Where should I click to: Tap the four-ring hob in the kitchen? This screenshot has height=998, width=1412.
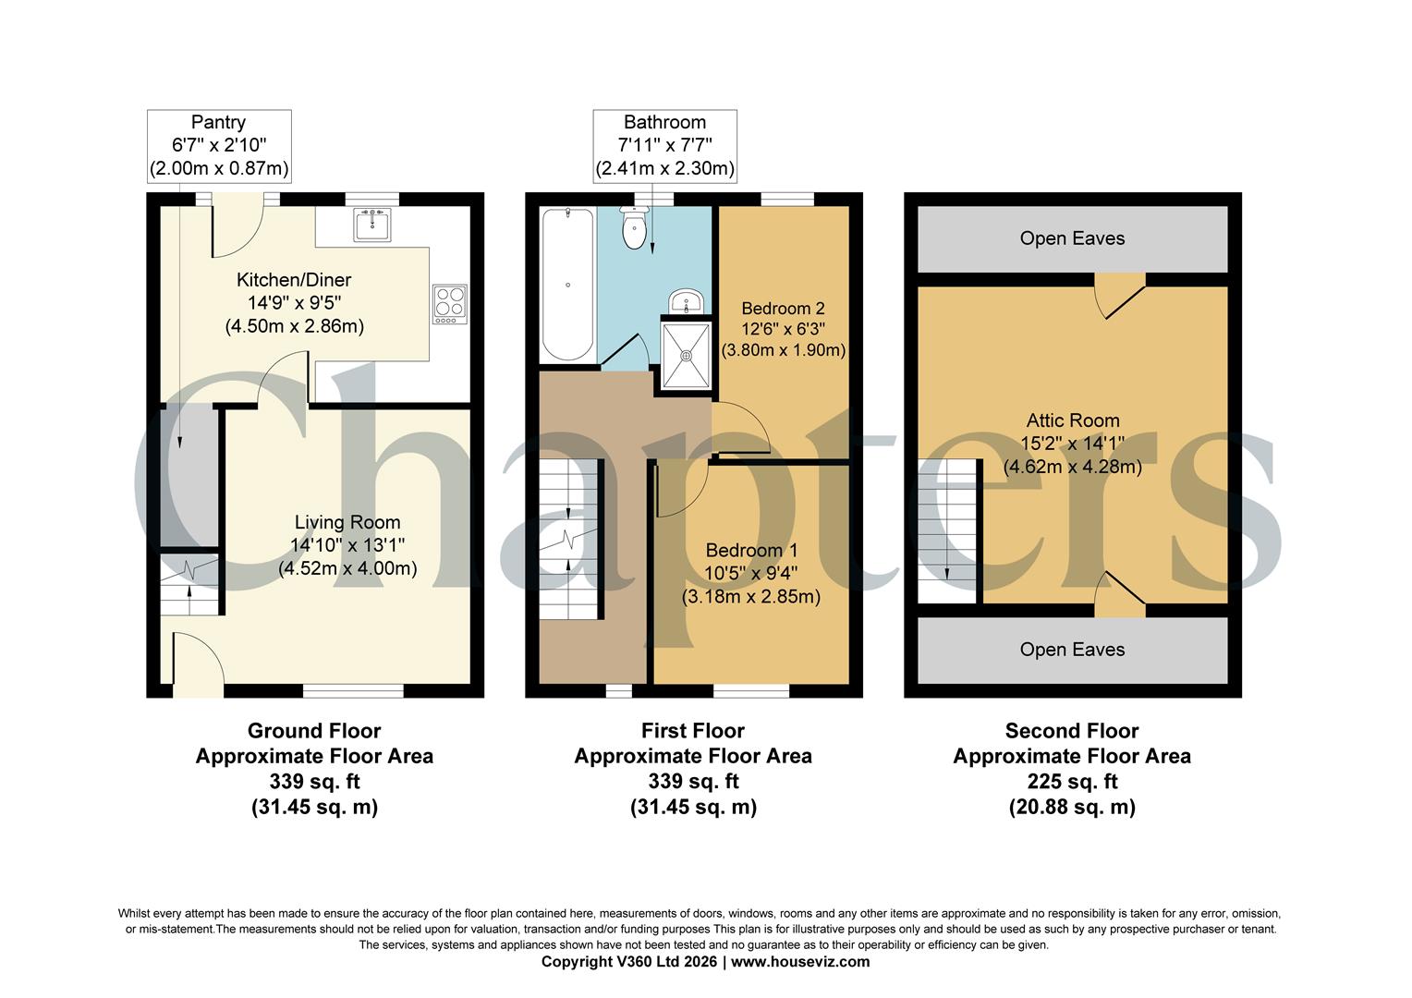point(450,304)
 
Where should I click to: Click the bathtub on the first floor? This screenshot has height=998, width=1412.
point(566,285)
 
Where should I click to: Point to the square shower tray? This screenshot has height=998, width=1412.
point(686,355)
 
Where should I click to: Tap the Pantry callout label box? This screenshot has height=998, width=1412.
point(219,145)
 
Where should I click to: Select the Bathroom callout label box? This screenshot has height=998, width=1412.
point(664,145)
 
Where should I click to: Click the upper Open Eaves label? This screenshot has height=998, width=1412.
point(1072,238)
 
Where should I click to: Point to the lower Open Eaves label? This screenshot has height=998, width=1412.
point(1072,650)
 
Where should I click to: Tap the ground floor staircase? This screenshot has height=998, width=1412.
point(189,584)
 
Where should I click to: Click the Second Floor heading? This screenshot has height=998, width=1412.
point(1072,731)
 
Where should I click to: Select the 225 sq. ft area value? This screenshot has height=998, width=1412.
point(1072,782)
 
